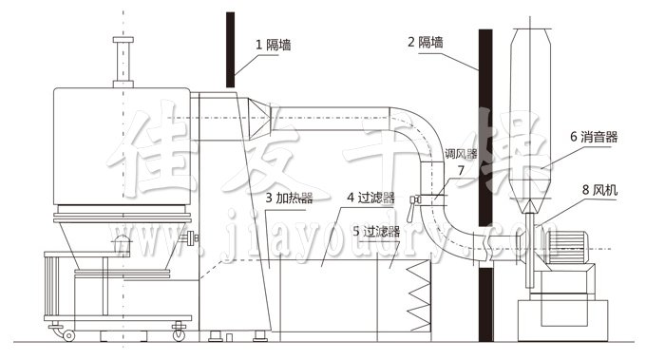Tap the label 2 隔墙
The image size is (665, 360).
pos(427,43)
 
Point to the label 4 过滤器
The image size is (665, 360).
pos(368,199)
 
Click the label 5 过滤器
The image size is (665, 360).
pos(374,230)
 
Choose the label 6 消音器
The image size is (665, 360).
pos(594,137)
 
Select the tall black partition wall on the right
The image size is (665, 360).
pos(485,190)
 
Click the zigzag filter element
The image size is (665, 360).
pos(419,295)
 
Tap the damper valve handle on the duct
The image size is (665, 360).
pos(415,200)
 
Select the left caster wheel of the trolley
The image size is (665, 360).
pos(68,333)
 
